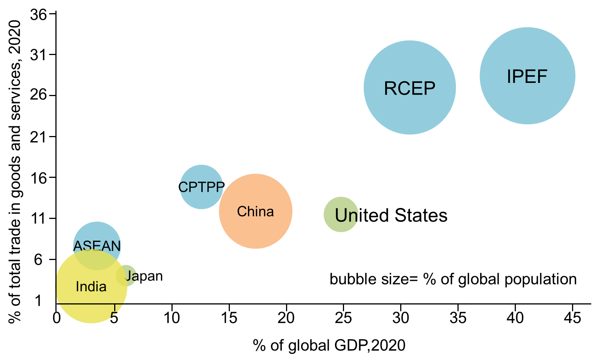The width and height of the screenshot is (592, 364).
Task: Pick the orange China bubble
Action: coord(255,230)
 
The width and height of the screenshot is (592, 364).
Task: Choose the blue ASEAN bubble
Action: coord(97,232)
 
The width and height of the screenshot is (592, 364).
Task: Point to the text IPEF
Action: coord(527,76)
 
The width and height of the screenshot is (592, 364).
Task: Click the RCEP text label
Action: coord(410,89)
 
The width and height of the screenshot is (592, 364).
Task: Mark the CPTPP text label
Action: coord(201,187)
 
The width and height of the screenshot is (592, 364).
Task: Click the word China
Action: coord(255,211)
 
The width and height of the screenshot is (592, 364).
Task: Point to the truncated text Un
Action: coord(346,216)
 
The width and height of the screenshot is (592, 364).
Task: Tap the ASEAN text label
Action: coord(97,246)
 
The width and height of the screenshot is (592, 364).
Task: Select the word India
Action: coord(91,286)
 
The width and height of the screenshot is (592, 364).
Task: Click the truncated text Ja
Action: coord(130,276)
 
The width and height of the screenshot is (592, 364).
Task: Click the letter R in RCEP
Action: coord(390,89)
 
